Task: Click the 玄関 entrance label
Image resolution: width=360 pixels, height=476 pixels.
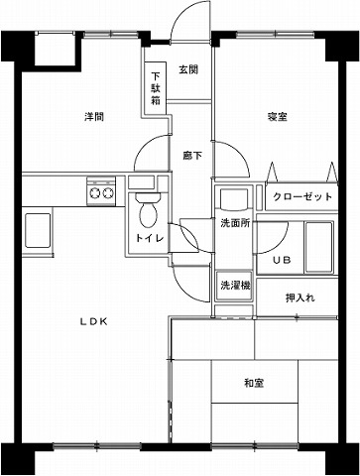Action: point(188,69)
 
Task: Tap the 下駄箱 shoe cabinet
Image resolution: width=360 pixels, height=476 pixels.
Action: point(156,88)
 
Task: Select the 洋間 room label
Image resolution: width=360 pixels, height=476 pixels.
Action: point(94,117)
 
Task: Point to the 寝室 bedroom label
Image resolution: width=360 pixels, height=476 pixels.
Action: point(278,117)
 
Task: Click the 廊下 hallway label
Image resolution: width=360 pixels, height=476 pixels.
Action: point(192,156)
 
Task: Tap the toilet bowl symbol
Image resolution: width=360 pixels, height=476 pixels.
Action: point(148,209)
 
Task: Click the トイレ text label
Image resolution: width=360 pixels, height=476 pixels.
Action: point(150,238)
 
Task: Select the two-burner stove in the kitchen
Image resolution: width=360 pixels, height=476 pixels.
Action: point(101,191)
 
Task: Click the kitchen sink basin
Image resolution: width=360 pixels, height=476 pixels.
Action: point(38,230)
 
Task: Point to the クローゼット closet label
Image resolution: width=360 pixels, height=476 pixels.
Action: point(302,196)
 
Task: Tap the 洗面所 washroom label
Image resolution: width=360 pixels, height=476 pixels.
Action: point(235,223)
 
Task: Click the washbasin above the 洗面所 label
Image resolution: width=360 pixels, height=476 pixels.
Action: point(234,198)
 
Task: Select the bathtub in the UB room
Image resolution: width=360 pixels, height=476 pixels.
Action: point(318,247)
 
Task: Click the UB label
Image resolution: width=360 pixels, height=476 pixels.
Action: point(282,260)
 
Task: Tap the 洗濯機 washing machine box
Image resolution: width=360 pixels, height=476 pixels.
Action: point(234,286)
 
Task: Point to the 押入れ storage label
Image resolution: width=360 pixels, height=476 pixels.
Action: point(300,297)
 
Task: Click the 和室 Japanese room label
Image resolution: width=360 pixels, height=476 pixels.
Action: point(254,383)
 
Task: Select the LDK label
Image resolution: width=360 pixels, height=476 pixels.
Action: point(94,321)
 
